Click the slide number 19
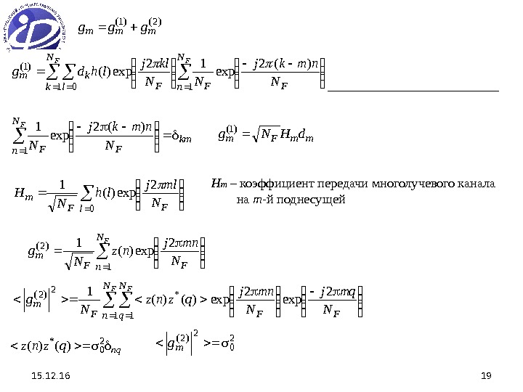[x=487, y=375]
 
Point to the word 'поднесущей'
[x=314, y=197]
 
